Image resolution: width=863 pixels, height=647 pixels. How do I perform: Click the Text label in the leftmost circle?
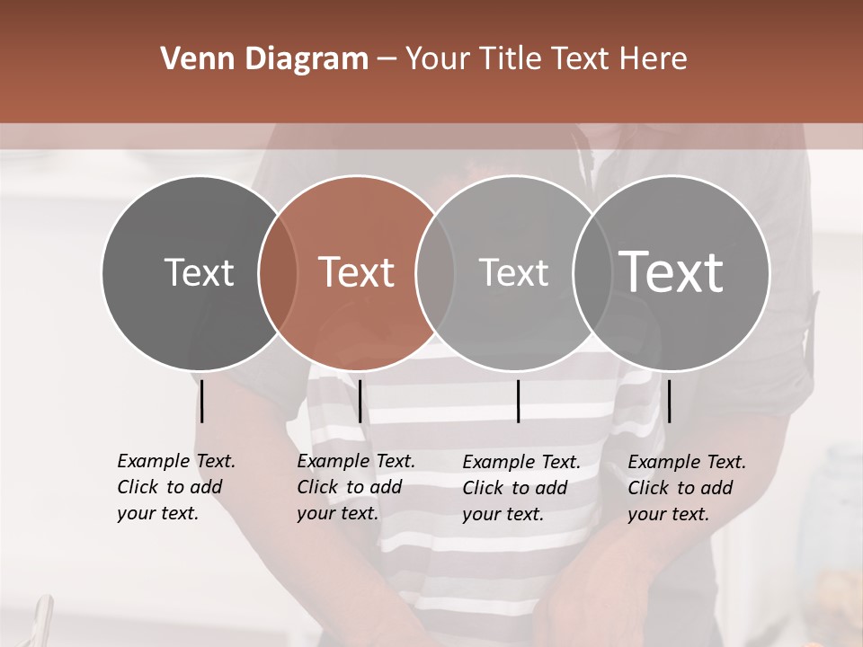point(199,272)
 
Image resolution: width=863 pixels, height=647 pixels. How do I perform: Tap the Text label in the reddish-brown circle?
point(356,272)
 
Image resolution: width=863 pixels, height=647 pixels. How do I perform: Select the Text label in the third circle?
point(513,272)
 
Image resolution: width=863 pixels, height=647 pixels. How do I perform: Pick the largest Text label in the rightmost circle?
point(672,272)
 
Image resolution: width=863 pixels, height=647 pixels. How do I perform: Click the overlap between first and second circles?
point(278,272)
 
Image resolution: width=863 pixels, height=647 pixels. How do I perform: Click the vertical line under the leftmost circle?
point(202,401)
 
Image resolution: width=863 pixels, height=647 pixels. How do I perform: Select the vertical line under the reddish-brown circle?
point(360,401)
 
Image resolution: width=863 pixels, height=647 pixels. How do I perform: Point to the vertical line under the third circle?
point(518,401)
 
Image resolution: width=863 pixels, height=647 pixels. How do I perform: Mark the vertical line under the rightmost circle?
point(669,401)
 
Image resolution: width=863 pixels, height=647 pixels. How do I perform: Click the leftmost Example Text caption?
point(175,487)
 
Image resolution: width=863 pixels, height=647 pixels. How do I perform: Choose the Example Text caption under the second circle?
point(355,487)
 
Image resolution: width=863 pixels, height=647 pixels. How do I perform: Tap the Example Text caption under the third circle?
point(520,488)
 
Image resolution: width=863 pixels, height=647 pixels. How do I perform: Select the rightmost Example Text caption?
point(686,488)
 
